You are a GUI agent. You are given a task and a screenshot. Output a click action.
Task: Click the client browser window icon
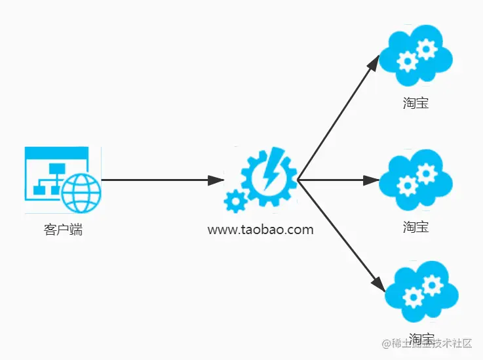coord(62,179)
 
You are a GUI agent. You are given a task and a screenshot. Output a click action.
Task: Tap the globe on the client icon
coord(81,192)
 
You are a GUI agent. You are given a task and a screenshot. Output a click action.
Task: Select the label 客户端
coord(64,230)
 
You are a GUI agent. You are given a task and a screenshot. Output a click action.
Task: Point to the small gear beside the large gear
coord(234,201)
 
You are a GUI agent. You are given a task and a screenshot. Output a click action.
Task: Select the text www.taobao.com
coord(260,230)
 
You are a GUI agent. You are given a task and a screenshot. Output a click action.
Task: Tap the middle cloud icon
coord(416,178)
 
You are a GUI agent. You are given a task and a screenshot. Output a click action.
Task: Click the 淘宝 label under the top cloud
coord(416,102)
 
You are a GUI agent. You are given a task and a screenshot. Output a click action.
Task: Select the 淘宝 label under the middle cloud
coord(416,227)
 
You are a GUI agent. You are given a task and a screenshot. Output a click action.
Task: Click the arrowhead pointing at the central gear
coord(216,180)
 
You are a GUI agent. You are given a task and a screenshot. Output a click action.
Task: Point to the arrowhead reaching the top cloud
coord(374,63)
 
